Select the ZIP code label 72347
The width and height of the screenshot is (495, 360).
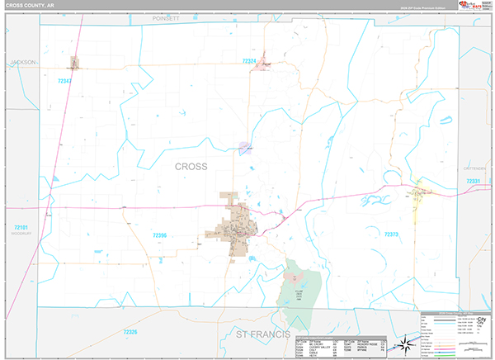click(x=65, y=81)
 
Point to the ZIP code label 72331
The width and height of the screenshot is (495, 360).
click(x=473, y=180)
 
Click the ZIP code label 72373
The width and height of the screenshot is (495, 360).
click(x=391, y=234)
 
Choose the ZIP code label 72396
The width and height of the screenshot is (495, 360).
click(x=160, y=235)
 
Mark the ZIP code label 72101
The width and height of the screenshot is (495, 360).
click(x=21, y=226)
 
